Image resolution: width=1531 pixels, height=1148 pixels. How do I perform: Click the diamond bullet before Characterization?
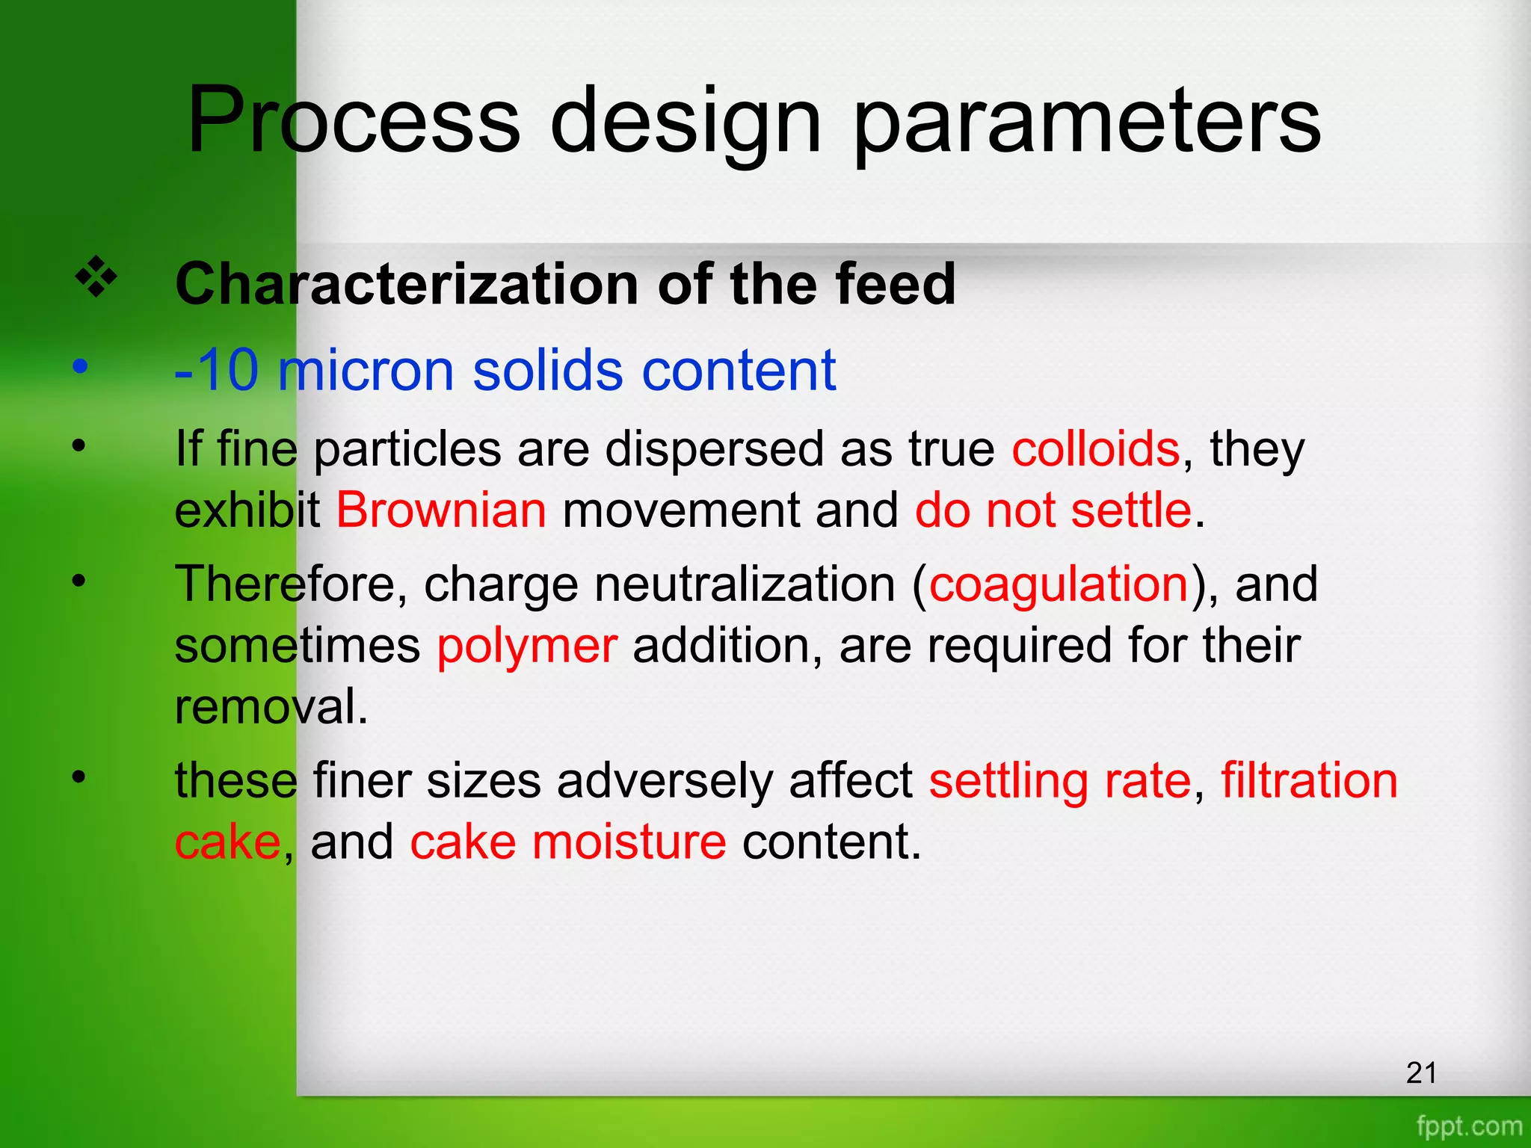pos(96,277)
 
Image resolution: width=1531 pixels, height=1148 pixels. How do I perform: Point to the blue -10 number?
pos(217,370)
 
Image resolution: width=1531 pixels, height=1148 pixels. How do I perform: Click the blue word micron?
pos(366,370)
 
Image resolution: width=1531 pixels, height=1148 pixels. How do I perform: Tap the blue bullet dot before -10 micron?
pos(80,367)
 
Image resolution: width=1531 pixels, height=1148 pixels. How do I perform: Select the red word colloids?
pos(1095,449)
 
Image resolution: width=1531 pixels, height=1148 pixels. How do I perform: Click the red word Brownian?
pos(441,510)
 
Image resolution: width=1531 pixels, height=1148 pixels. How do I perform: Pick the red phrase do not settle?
pos(1053,510)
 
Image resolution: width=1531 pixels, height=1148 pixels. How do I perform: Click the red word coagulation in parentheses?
pos(1059,584)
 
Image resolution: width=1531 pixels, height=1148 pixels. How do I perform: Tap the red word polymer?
pos(527,646)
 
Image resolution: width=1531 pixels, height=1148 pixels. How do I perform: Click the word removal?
pos(271,707)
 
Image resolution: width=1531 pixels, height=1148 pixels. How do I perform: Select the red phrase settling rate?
pos(1060,781)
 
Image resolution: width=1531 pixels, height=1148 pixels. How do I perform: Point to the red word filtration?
pos(1309,781)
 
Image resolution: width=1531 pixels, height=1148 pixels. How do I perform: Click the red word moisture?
pos(629,842)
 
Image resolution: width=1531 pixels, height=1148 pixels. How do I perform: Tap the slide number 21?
pos(1421,1073)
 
